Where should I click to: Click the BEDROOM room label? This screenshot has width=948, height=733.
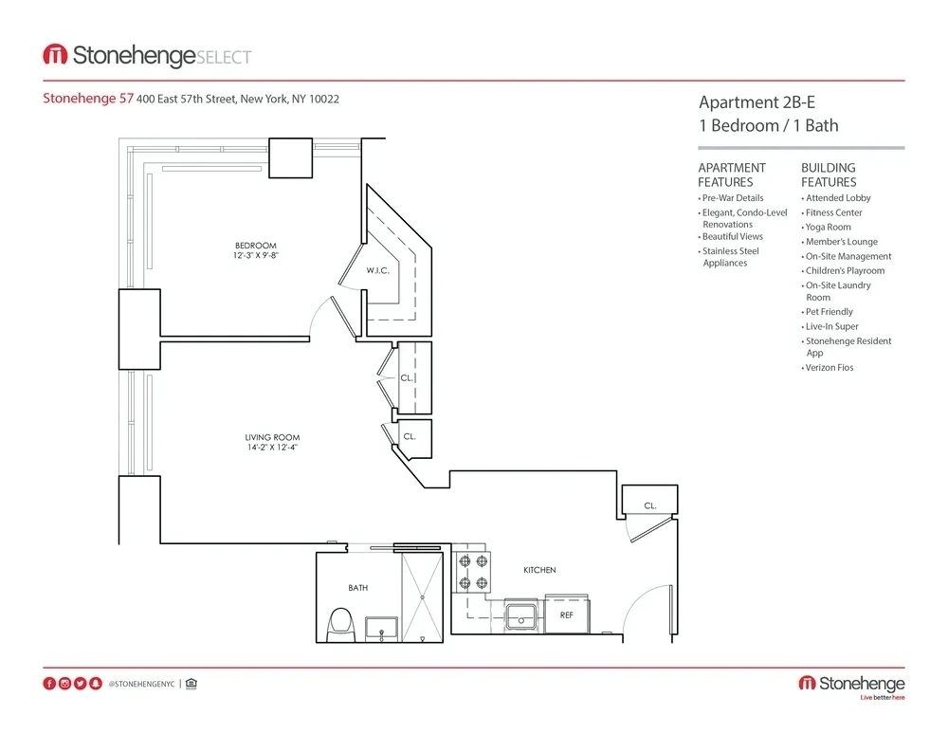[255, 246]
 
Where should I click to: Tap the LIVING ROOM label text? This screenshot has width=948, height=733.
[272, 437]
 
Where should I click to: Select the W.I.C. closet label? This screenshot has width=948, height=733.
[378, 270]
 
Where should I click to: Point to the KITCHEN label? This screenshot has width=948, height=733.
[539, 570]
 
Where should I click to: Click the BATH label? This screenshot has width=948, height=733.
[357, 588]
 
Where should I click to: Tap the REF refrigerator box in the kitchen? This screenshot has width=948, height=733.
[566, 614]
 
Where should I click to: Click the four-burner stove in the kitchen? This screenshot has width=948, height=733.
[473, 572]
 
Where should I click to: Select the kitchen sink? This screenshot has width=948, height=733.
[520, 617]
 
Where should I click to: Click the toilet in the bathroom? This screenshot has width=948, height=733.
[339, 625]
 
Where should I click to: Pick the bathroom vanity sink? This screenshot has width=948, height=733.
[383, 629]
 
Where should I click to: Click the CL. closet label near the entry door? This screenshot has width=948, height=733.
[650, 506]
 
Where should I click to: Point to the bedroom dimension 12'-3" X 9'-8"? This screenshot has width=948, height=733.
[255, 256]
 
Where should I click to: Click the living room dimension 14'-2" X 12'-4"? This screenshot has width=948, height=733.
[272, 449]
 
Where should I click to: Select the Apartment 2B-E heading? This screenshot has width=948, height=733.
[756, 102]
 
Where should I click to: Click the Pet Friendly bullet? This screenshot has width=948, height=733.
[829, 311]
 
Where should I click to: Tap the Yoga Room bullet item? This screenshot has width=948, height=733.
[828, 227]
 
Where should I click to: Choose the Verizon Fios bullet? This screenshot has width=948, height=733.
[829, 367]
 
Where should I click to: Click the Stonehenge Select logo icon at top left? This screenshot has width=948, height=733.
[55, 55]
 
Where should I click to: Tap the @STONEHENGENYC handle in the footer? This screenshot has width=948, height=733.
[141, 684]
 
